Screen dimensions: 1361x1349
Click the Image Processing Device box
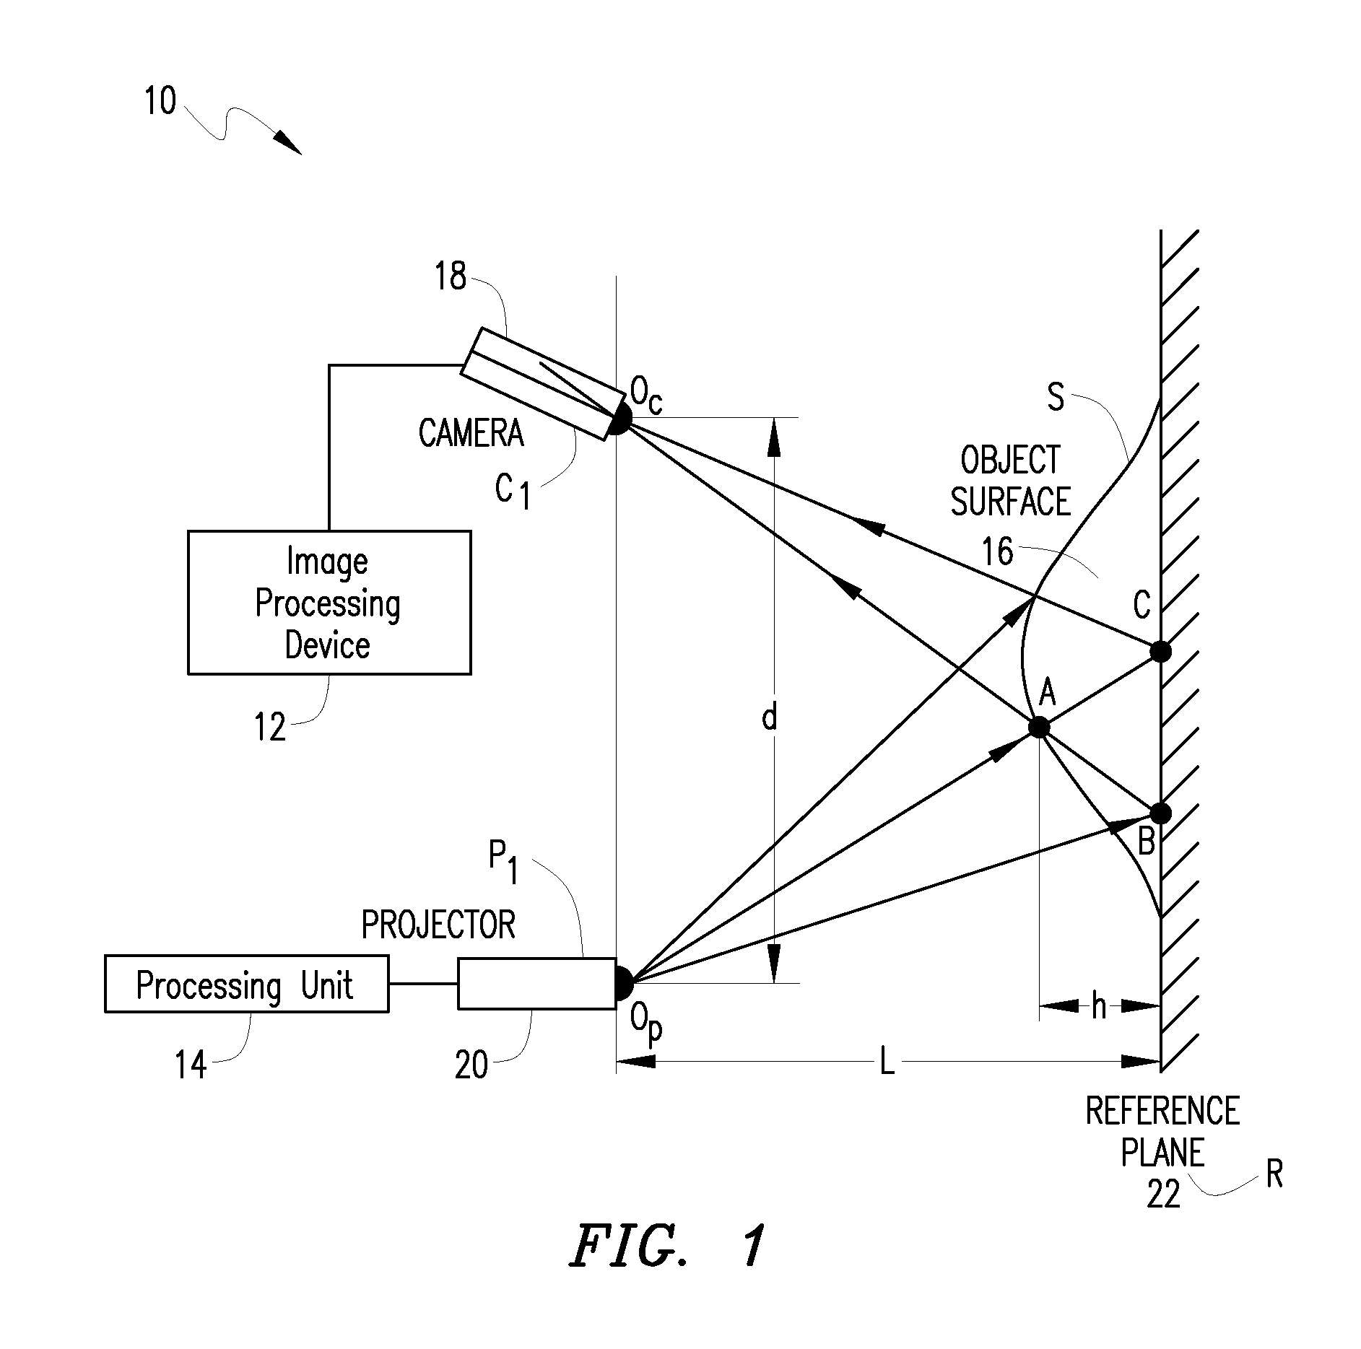(x=329, y=603)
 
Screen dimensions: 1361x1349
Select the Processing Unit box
(x=246, y=984)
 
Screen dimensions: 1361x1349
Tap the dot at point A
(x=1038, y=727)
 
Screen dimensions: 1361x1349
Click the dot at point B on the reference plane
(x=1160, y=813)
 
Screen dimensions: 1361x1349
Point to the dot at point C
(x=1160, y=652)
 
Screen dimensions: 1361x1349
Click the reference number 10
(x=160, y=102)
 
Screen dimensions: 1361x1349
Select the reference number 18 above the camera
(x=451, y=276)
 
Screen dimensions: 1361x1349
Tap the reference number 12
(x=270, y=728)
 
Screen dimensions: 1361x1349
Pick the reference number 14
(x=191, y=1065)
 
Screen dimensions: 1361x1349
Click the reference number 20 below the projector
(x=471, y=1065)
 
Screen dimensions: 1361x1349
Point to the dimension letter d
(x=770, y=717)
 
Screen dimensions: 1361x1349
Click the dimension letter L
(x=887, y=1062)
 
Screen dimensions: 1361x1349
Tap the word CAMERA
(x=471, y=433)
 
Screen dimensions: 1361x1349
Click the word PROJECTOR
(x=438, y=925)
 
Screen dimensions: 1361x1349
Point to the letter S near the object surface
(x=1056, y=397)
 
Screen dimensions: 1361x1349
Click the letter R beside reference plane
(x=1274, y=1174)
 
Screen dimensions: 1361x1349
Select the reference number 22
(x=1163, y=1194)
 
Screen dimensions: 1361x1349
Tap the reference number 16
(x=997, y=551)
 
